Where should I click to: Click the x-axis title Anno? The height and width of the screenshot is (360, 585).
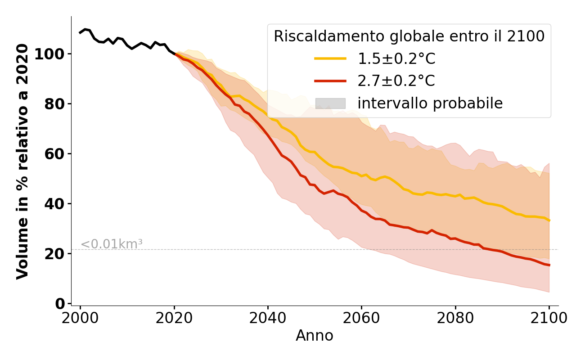tap(315, 336)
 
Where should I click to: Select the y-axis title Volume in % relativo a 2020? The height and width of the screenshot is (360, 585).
tap(23, 161)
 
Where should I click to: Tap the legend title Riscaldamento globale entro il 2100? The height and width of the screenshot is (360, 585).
tap(409, 36)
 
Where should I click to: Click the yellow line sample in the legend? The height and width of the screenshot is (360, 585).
tap(330, 58)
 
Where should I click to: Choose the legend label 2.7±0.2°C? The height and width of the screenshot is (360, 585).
tap(396, 81)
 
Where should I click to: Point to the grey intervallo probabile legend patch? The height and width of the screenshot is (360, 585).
tap(330, 103)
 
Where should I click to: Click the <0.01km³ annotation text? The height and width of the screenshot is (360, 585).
tap(112, 244)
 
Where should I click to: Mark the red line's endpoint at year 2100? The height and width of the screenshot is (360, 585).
tap(549, 265)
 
